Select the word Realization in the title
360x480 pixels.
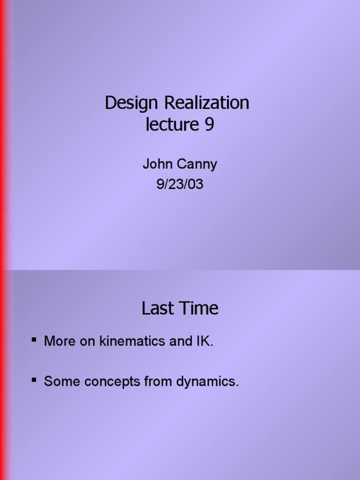(x=206, y=103)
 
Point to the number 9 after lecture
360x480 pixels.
(x=209, y=125)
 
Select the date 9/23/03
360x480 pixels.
(x=180, y=184)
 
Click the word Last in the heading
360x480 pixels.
(x=158, y=308)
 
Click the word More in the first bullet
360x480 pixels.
(x=58, y=341)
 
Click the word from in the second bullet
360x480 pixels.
(x=158, y=382)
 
